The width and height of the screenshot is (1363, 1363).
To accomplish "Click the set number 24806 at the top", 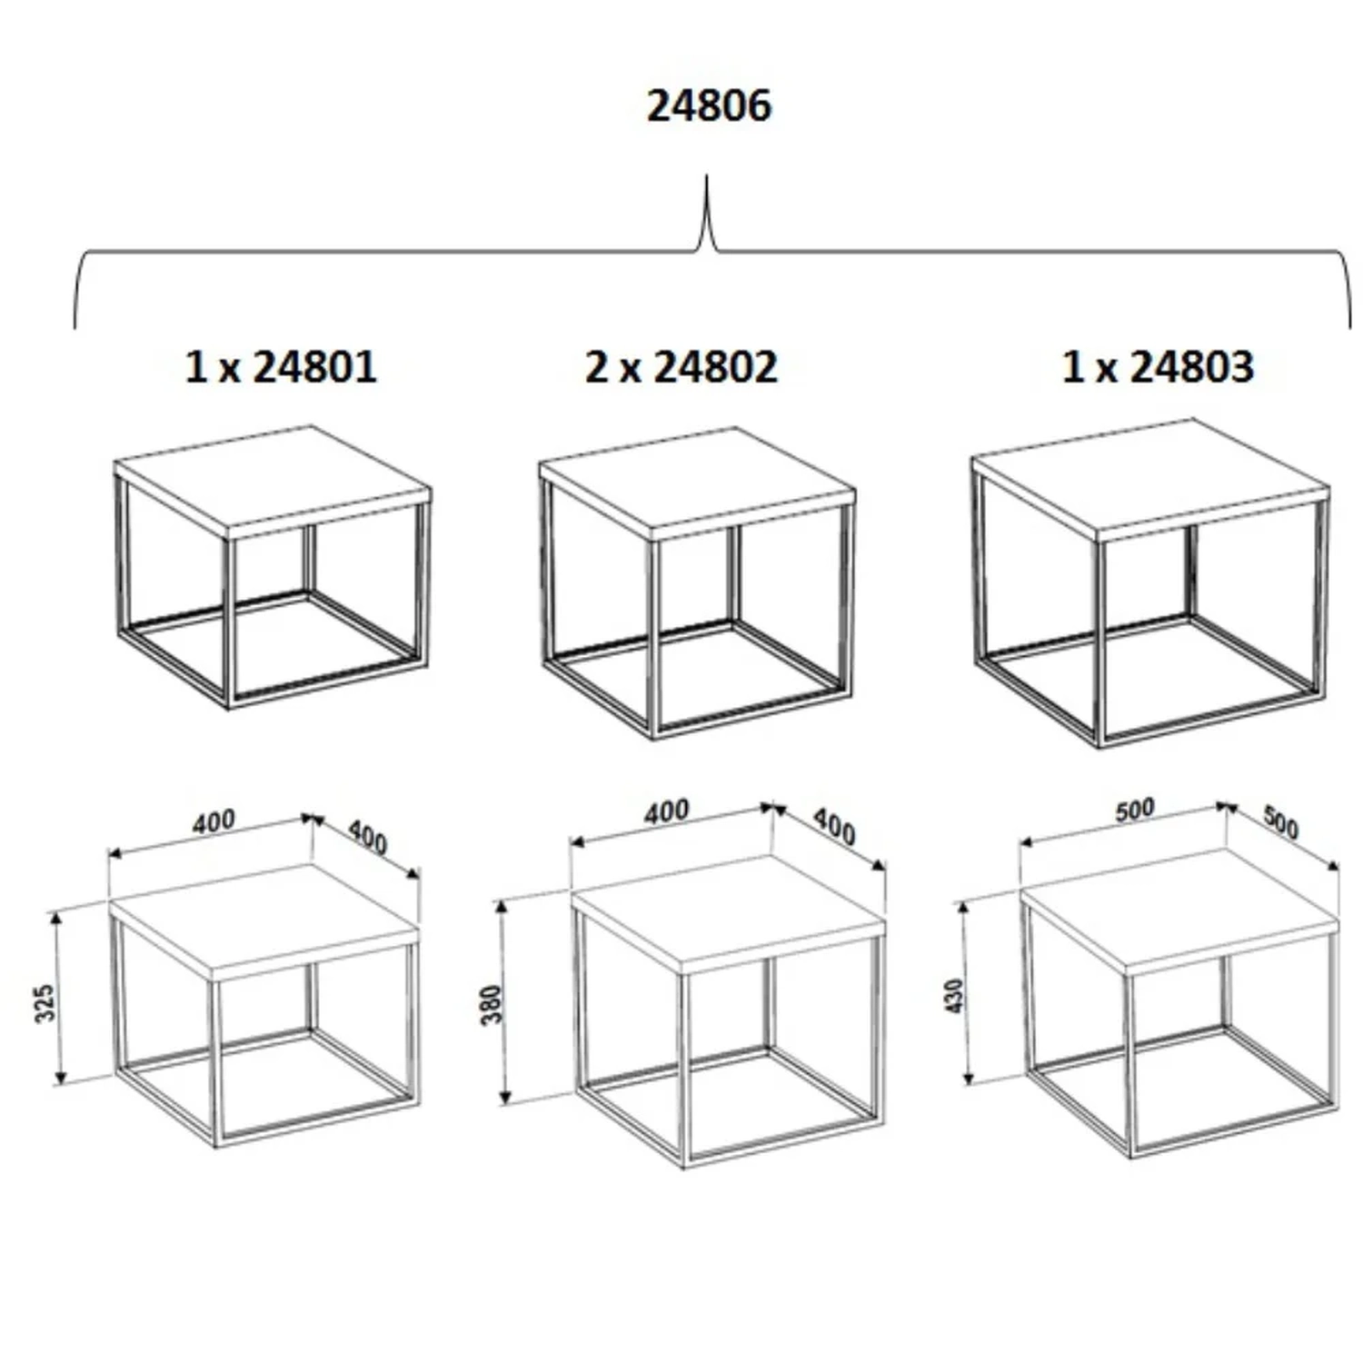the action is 709,105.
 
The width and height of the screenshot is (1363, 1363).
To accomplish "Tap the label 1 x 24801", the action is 281,367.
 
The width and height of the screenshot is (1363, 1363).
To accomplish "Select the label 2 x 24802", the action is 681,367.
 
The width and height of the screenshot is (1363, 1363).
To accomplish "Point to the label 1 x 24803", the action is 1158,367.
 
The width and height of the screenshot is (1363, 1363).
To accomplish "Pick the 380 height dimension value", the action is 491,1004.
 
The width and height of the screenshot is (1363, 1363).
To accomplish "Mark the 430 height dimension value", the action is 954,997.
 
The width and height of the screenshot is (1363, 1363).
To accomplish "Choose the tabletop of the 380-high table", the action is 729,914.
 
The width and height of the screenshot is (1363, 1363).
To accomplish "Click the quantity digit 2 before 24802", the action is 596,367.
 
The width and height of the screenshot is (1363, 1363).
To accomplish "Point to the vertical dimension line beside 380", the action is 505,1001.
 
